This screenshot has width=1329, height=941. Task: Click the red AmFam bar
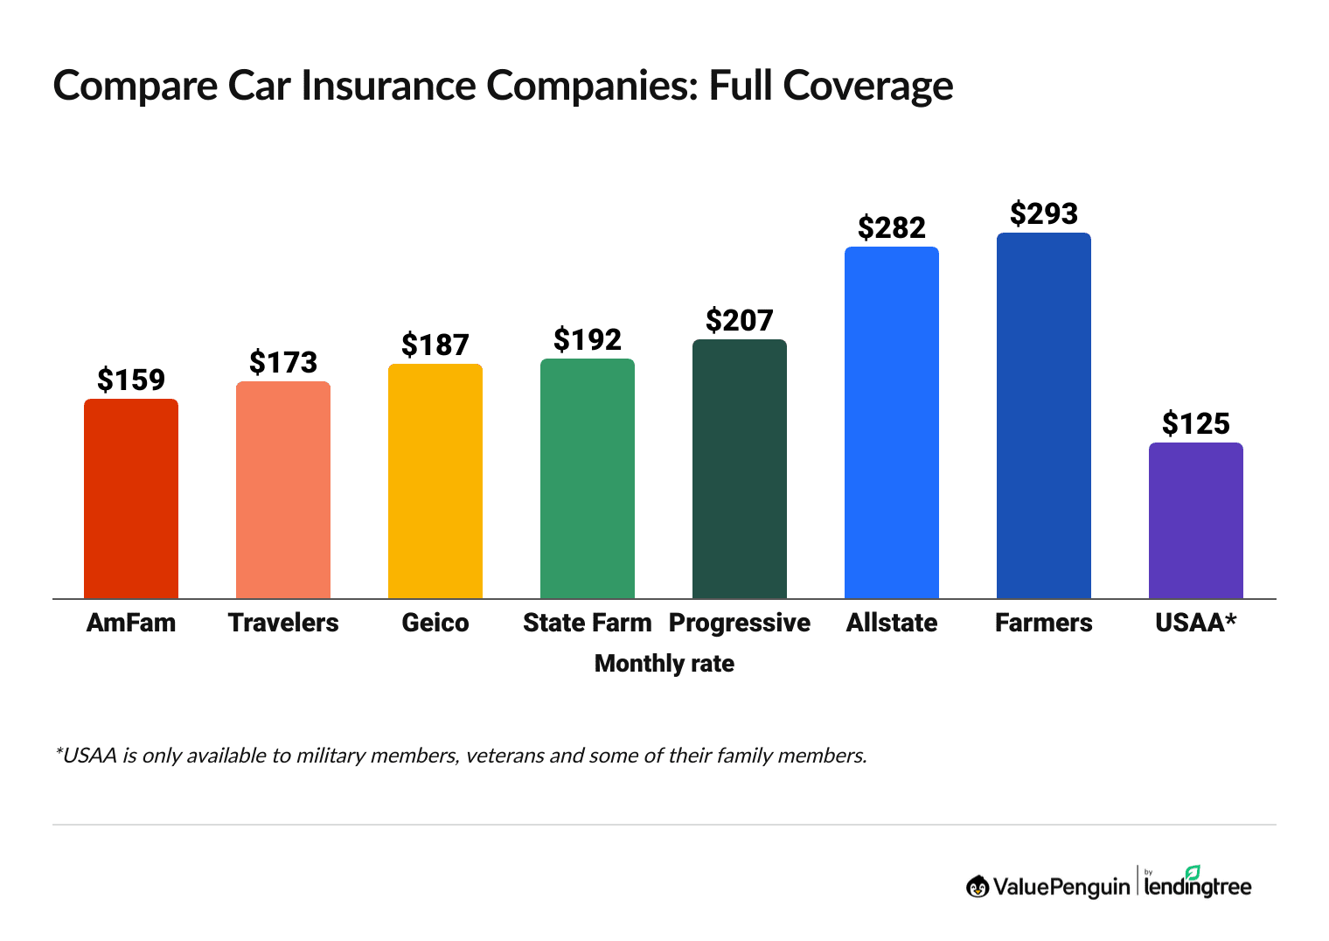point(131,498)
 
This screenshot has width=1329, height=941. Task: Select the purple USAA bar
point(1195,520)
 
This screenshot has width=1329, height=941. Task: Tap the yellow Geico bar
point(435,481)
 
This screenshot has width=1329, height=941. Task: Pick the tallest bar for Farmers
point(1043,415)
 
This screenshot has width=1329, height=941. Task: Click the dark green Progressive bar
point(739,469)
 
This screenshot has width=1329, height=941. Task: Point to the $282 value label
point(891,227)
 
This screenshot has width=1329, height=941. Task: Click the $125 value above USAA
point(1195,423)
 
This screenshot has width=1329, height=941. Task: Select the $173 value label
point(283,362)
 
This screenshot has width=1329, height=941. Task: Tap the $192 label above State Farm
point(588,339)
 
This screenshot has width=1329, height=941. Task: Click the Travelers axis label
point(283,623)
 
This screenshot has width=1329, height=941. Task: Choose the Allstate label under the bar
point(891,623)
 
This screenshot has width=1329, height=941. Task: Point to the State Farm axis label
point(588,623)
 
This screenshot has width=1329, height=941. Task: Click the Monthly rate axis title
point(664,664)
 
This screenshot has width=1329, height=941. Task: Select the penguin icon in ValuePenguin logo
point(978,887)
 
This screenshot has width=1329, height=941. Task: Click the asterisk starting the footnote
point(58,750)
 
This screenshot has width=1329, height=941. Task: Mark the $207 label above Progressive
point(739,320)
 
